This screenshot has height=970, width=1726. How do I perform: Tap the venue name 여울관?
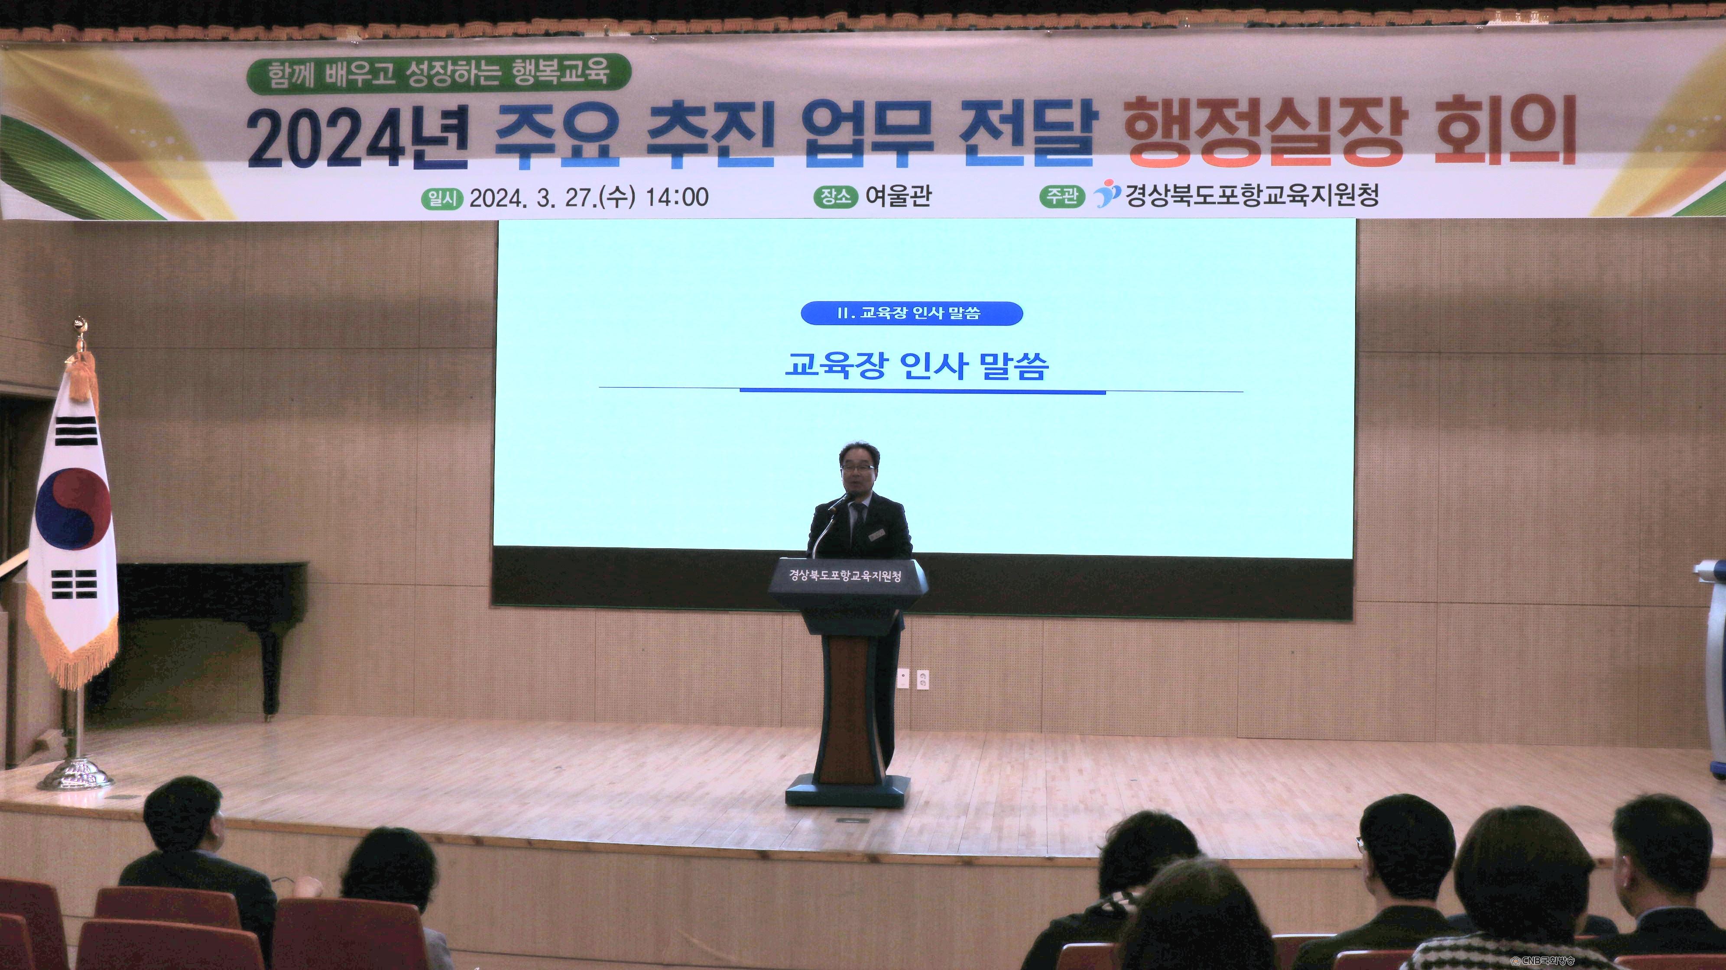point(898,196)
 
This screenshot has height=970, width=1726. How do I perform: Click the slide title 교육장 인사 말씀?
point(917,366)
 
